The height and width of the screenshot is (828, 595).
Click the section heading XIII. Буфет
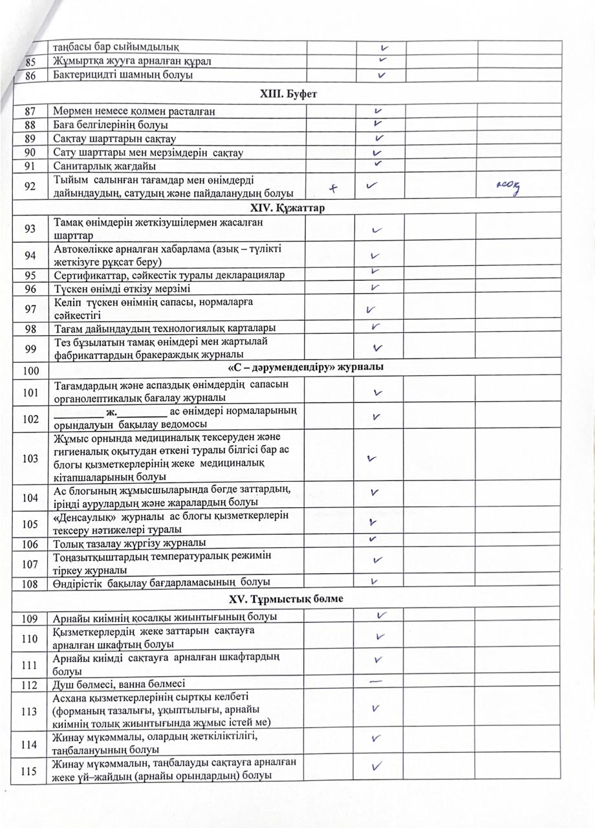(x=297, y=94)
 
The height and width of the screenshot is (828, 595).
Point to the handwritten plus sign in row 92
(x=334, y=188)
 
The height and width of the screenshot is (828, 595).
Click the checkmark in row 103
(x=371, y=459)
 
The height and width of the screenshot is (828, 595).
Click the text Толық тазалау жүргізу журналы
(x=129, y=542)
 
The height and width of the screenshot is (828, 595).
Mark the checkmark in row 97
(x=371, y=310)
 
